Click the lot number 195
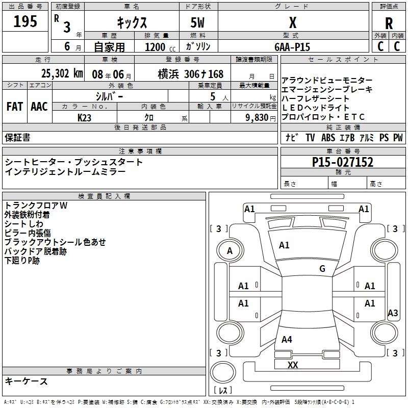tap(25, 21)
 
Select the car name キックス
tap(132, 22)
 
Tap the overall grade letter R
tap(389, 23)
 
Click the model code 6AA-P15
tap(292, 46)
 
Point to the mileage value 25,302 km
tap(62, 73)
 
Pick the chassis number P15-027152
tap(343, 163)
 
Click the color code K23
tap(85, 117)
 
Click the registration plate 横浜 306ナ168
tap(191, 73)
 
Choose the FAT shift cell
tap(14, 107)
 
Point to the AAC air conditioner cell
tap(39, 107)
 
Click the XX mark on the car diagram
tap(292, 365)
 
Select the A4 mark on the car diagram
tap(287, 339)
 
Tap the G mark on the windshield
tap(322, 269)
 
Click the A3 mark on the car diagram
tap(393, 313)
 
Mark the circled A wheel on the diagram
tap(229, 250)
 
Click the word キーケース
tap(27, 381)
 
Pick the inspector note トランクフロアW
tap(36, 206)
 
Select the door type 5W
tap(198, 23)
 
